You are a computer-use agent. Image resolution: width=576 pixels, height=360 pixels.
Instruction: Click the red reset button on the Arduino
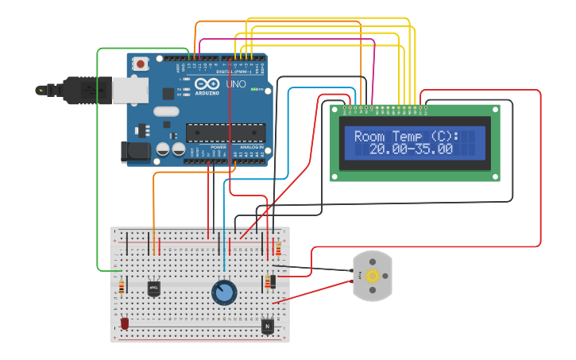click(x=141, y=64)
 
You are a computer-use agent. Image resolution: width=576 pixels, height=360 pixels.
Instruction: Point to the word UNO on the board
click(x=237, y=84)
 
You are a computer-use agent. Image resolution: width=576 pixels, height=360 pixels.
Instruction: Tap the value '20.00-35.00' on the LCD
click(x=411, y=149)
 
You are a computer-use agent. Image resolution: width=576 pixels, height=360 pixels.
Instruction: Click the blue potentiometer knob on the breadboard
click(x=224, y=292)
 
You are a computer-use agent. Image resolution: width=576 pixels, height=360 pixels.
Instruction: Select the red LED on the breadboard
click(x=125, y=323)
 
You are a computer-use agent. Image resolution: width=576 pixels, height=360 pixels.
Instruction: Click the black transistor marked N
click(x=268, y=325)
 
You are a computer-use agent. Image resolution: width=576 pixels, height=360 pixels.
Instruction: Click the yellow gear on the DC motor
click(x=372, y=276)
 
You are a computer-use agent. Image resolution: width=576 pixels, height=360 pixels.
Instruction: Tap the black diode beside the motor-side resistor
click(x=273, y=281)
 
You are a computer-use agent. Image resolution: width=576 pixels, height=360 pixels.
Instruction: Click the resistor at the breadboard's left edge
click(x=121, y=286)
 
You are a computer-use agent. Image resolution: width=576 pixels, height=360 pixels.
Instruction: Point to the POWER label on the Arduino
click(x=218, y=147)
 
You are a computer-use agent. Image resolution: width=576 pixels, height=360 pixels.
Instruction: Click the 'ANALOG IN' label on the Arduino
click(x=252, y=147)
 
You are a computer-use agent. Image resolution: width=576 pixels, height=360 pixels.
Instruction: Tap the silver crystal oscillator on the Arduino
click(x=166, y=111)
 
